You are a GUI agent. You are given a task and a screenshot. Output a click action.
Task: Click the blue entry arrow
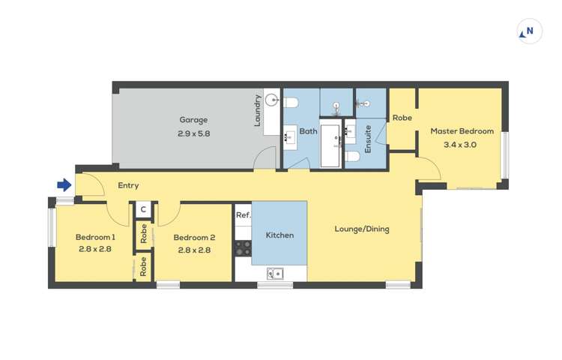(x=64, y=185)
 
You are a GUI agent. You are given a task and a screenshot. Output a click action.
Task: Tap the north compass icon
(x=529, y=32)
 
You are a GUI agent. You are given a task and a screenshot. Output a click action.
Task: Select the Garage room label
(x=193, y=119)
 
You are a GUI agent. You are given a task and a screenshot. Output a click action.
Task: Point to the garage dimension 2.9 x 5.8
(x=193, y=134)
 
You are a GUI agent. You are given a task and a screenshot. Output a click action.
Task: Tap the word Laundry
(x=257, y=109)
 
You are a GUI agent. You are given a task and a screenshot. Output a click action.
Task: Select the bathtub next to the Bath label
(x=330, y=145)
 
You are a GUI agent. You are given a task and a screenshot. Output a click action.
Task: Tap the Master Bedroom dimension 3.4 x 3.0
(x=460, y=145)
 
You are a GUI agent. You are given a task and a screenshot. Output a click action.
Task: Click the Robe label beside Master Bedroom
(x=402, y=118)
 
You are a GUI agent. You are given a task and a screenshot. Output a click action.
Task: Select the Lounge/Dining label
(x=361, y=229)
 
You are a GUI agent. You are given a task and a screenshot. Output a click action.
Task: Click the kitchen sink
(x=275, y=273)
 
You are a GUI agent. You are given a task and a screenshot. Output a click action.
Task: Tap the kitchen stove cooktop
(x=243, y=247)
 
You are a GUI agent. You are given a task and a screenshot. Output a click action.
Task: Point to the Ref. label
(x=243, y=215)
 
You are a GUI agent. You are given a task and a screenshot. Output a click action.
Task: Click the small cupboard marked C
(x=143, y=211)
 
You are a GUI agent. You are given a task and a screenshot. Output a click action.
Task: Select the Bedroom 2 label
(x=194, y=238)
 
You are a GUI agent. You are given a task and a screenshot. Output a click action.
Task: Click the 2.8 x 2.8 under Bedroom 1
(x=95, y=250)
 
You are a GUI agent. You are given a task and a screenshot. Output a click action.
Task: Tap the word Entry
(x=128, y=185)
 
